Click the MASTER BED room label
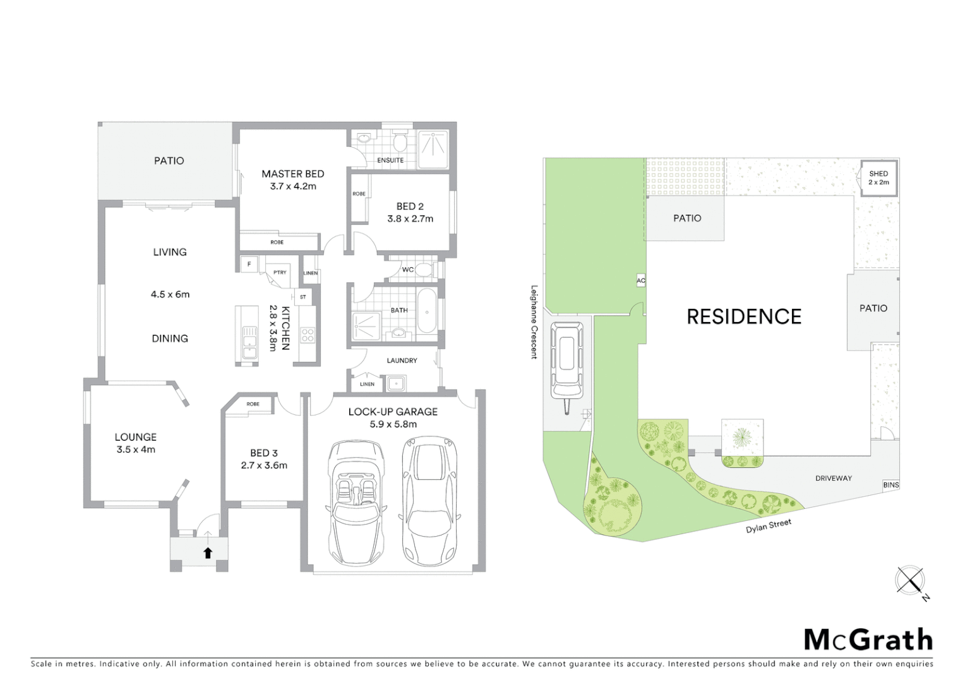click(x=292, y=174)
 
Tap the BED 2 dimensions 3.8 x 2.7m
click(x=410, y=219)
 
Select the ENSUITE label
click(x=390, y=160)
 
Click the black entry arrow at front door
click(x=208, y=553)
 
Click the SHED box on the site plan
click(x=878, y=177)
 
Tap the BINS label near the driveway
click(x=890, y=485)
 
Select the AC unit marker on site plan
click(x=641, y=280)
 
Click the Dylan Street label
click(x=768, y=526)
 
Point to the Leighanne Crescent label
click(x=534, y=321)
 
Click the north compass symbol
click(x=911, y=581)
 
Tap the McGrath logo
click(x=868, y=640)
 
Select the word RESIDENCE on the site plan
click(x=744, y=316)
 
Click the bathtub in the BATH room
click(x=427, y=311)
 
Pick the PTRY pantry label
click(x=280, y=273)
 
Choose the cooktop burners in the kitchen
click(x=308, y=335)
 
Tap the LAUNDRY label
click(x=402, y=361)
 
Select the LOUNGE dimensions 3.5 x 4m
click(x=136, y=450)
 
